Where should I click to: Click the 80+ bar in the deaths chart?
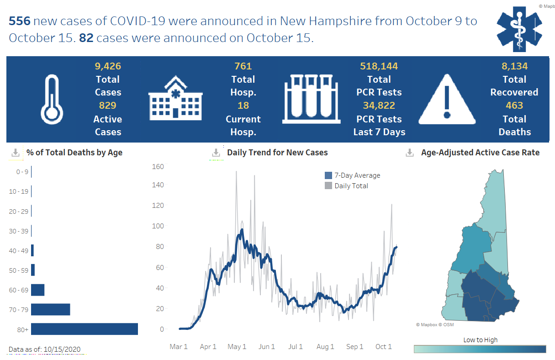(x=84, y=329)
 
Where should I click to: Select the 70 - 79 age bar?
(x=50, y=309)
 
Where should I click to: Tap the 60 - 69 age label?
(x=18, y=290)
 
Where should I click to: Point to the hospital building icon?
(x=175, y=98)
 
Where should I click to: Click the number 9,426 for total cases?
(x=108, y=66)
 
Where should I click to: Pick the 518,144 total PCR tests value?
(x=379, y=66)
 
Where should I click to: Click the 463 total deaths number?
(x=514, y=106)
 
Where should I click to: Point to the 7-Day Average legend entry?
(x=352, y=175)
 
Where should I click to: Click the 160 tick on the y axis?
(x=158, y=166)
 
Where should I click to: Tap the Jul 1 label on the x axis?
(x=296, y=347)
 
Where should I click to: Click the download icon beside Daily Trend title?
(x=216, y=153)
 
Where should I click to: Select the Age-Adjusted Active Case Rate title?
(x=480, y=153)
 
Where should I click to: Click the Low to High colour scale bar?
(x=480, y=349)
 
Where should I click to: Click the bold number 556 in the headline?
(x=19, y=21)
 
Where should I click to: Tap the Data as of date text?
(x=45, y=349)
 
